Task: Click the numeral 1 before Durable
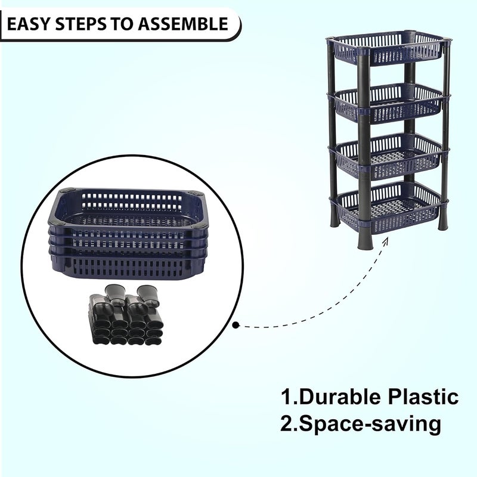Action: pos(286,397)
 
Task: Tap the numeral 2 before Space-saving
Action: pos(287,424)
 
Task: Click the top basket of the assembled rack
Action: pos(388,49)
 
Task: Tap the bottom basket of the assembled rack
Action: pos(388,206)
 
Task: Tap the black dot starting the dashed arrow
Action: pos(237,326)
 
